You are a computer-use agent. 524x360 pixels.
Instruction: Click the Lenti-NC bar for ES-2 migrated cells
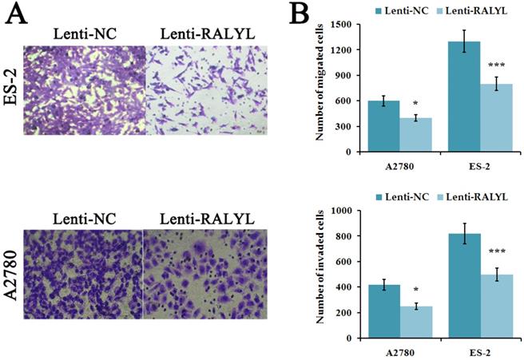point(466,97)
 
